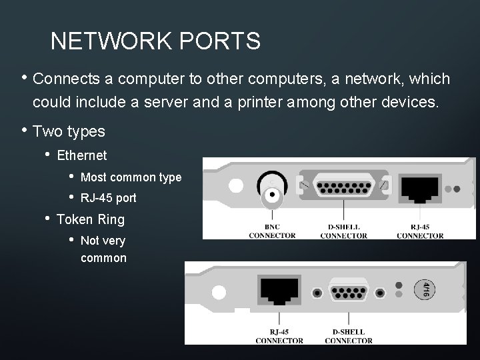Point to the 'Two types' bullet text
[69, 131]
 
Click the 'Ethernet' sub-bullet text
[82, 156]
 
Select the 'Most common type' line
[131, 177]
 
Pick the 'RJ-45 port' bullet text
[108, 198]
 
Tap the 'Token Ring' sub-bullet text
[91, 219]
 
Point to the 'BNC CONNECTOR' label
[272, 231]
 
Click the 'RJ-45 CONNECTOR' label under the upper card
[420, 231]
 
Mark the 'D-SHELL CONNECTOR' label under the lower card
[349, 337]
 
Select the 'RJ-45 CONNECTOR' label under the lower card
[279, 337]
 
